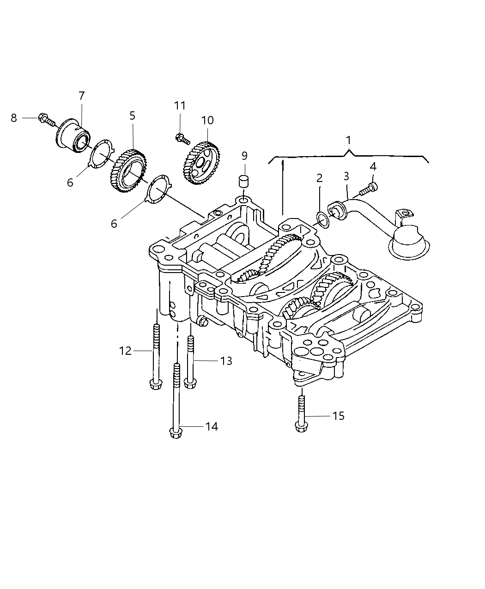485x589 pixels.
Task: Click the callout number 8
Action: click(x=14, y=118)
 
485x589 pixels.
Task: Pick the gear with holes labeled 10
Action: click(x=202, y=161)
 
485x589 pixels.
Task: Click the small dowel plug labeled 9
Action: click(x=244, y=181)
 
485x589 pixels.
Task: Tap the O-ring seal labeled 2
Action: click(x=323, y=218)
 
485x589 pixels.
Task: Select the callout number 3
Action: click(x=346, y=176)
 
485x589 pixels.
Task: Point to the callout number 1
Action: click(x=349, y=140)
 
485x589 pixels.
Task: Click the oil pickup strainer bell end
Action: click(x=408, y=242)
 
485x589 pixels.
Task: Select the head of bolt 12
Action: click(x=155, y=383)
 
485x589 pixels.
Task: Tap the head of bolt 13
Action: click(x=188, y=383)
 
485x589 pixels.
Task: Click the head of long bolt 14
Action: click(x=175, y=433)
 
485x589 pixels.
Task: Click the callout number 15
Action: click(x=339, y=416)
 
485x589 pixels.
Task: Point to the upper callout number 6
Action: click(x=70, y=183)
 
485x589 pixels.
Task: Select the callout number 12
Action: click(x=125, y=351)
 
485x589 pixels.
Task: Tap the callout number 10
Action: click(x=207, y=121)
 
